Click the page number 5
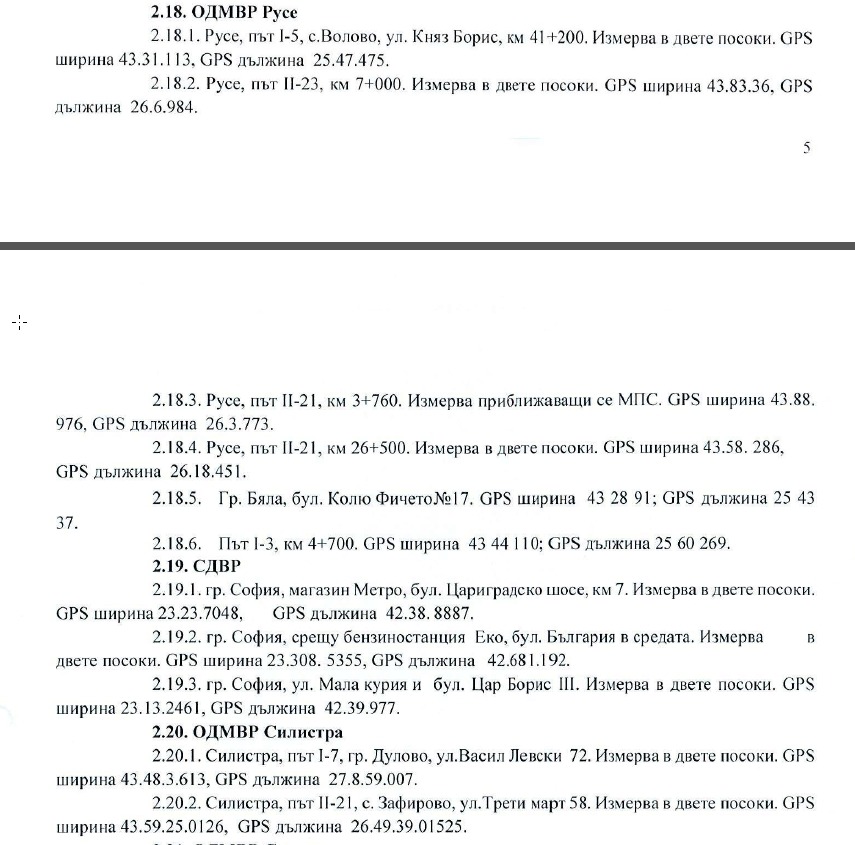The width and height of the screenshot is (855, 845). (x=806, y=149)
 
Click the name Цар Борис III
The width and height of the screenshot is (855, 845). (x=519, y=686)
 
